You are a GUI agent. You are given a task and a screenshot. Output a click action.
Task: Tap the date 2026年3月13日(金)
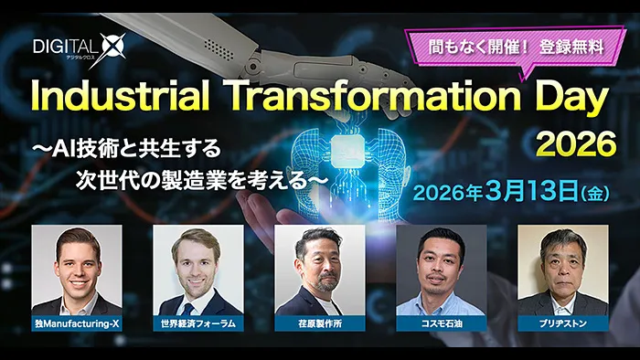[511, 194]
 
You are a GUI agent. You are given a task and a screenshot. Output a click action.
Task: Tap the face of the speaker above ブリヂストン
[562, 261]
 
